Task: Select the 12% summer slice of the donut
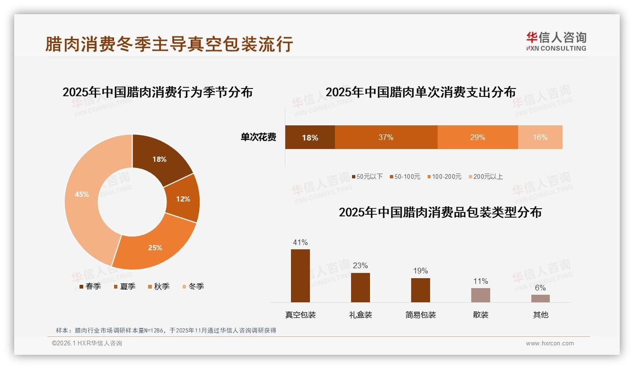point(183,199)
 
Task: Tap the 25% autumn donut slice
point(155,247)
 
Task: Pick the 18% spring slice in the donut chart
point(159,159)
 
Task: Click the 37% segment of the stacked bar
point(386,137)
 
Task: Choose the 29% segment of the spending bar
point(477,137)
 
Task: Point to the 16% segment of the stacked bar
point(540,137)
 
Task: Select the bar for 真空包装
point(300,276)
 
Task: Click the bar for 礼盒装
point(360,288)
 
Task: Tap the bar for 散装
point(480,295)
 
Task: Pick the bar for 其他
point(540,299)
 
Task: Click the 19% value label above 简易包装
point(420,271)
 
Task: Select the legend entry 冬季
point(193,286)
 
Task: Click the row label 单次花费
point(258,137)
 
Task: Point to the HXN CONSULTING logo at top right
point(556,42)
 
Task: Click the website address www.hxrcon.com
point(550,343)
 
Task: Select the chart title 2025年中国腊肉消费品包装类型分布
point(440,212)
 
